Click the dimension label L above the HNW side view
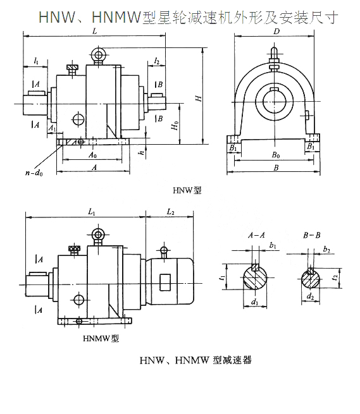click(94, 31)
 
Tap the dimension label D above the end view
click(276, 32)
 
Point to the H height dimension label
click(199, 98)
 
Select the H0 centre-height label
click(175, 126)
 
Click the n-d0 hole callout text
click(34, 173)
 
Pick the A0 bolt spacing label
click(92, 154)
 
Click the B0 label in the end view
click(276, 154)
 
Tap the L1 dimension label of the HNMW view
click(92, 212)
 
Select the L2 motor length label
click(170, 212)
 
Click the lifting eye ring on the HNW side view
click(98, 55)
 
